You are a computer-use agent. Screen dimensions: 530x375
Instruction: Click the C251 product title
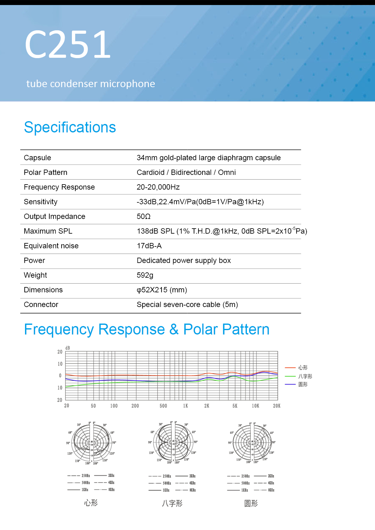click(x=68, y=44)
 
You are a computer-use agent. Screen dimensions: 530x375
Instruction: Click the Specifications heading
click(x=70, y=127)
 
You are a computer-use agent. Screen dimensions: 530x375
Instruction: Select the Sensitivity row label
click(x=41, y=202)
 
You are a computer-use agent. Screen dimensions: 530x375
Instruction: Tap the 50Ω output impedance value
click(x=144, y=216)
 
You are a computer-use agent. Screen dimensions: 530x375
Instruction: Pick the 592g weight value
click(x=145, y=275)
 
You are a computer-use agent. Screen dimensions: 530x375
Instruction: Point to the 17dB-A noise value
click(x=149, y=246)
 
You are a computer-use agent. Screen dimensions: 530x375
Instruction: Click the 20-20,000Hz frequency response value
click(x=158, y=187)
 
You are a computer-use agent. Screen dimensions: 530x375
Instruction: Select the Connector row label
click(x=41, y=305)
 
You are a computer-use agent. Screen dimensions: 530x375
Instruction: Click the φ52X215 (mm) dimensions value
click(x=162, y=290)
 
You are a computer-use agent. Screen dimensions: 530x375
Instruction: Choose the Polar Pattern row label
click(x=46, y=172)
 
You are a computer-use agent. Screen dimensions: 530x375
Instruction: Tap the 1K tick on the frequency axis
click(x=186, y=406)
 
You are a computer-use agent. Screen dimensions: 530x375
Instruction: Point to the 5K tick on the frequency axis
click(x=235, y=406)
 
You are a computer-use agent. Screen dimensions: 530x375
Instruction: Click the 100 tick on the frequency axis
click(x=114, y=406)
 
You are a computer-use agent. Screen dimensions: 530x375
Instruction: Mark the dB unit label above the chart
click(x=67, y=348)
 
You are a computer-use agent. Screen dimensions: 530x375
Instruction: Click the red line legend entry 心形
click(x=303, y=368)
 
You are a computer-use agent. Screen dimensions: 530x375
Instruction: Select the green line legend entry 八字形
click(x=305, y=376)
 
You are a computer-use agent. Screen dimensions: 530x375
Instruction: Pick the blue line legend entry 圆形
click(x=303, y=384)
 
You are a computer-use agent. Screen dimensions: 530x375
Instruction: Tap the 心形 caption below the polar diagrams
click(x=91, y=503)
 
